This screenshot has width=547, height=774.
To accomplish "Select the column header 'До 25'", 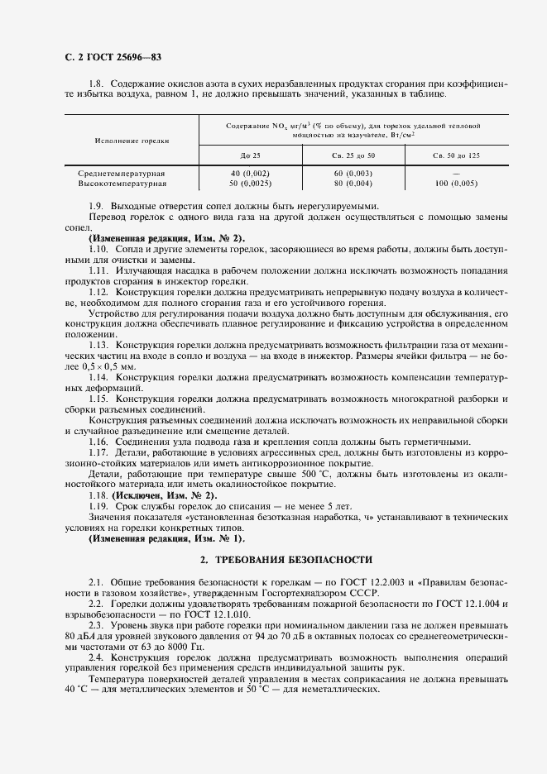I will coord(250,155).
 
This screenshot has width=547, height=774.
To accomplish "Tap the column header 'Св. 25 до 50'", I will coord(353,155).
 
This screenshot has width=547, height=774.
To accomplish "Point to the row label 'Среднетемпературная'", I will coord(122,173).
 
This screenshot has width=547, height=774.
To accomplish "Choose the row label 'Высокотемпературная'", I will coord(122,182).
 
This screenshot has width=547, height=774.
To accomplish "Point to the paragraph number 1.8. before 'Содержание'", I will coord(97,84).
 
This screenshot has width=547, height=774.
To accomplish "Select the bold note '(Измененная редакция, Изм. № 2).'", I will coord(166,238).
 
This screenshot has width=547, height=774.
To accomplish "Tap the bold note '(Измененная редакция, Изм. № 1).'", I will coord(166,537).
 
